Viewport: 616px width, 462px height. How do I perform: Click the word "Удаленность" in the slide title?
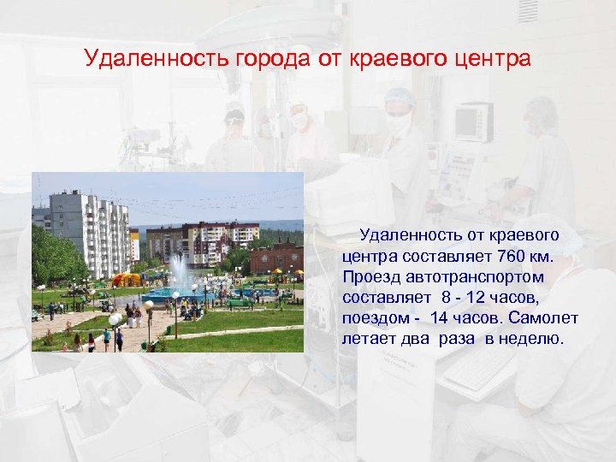point(151,60)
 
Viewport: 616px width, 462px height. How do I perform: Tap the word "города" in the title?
point(258,60)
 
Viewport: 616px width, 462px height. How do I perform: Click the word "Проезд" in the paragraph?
point(370,277)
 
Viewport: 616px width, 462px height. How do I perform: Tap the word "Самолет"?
point(544,318)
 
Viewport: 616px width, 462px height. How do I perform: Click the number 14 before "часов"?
point(438,318)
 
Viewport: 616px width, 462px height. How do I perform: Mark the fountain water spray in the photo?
point(180,274)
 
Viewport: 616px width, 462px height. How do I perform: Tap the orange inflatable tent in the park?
point(127,279)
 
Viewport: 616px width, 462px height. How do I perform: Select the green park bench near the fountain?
point(239,303)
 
